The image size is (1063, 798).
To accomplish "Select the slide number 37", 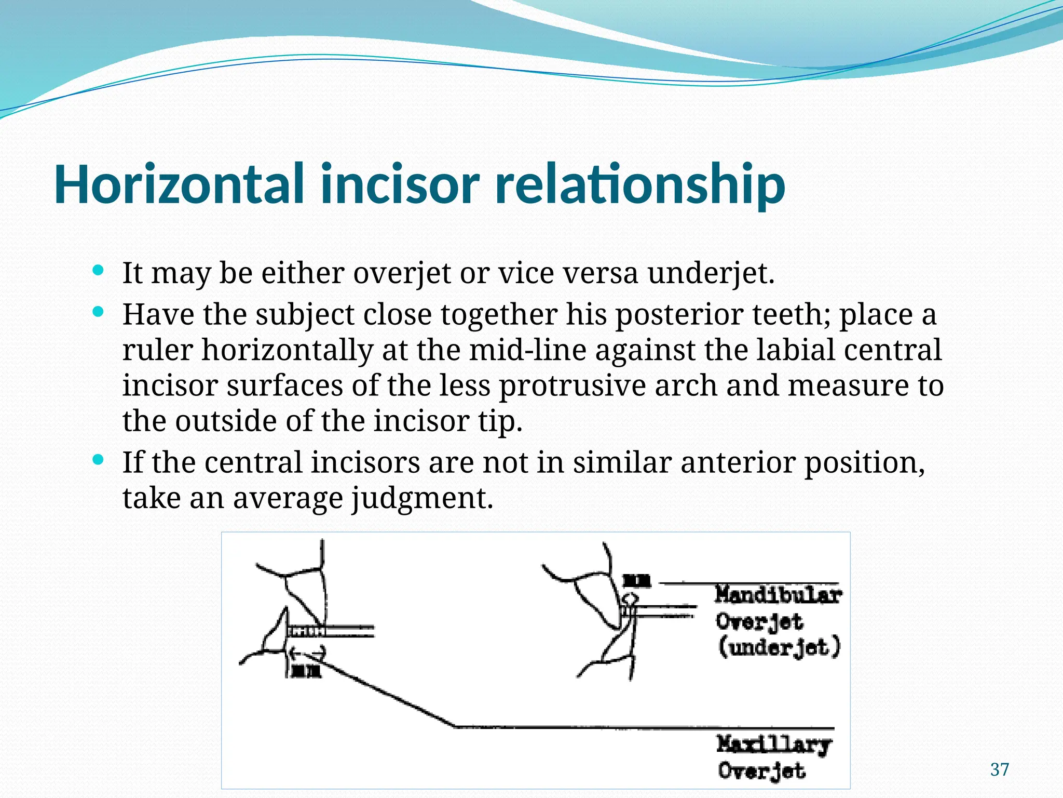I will (x=999, y=769).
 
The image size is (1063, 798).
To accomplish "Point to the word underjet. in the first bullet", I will (x=711, y=273).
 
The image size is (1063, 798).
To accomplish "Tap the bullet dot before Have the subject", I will (x=98, y=312).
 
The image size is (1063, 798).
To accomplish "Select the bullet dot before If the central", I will (x=98, y=460).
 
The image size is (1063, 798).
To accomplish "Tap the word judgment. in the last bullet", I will (x=422, y=498).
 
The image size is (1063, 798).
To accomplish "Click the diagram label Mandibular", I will (x=777, y=595).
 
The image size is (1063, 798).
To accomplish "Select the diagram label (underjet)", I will (x=779, y=647).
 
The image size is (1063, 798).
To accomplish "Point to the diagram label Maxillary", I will (x=773, y=744).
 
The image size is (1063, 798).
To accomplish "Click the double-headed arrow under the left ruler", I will (x=307, y=651).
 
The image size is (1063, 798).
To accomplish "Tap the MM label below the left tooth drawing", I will (x=306, y=672).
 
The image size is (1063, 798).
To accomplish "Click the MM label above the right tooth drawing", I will (x=636, y=581).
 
